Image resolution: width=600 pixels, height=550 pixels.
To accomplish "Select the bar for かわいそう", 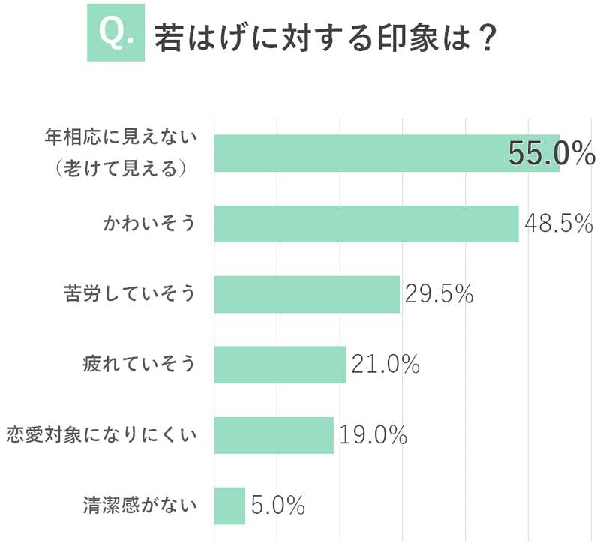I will (366, 224).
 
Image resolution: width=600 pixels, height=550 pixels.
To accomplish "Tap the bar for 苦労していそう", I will (307, 294).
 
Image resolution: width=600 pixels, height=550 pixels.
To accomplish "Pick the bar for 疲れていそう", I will (280, 365).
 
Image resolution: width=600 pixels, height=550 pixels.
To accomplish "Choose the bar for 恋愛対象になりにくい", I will (274, 435).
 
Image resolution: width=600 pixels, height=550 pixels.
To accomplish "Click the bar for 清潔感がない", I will (229, 506).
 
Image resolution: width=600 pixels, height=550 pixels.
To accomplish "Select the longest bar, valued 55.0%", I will (386, 153).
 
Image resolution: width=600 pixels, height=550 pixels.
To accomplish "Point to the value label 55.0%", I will (551, 153).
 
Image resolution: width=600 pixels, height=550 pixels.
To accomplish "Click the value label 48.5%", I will (559, 224).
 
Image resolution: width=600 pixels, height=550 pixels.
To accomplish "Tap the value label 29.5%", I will (439, 294).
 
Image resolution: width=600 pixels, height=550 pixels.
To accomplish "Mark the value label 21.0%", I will (385, 365).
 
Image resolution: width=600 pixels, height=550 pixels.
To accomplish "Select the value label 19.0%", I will (373, 435).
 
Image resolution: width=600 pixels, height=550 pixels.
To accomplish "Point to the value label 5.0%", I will (278, 506).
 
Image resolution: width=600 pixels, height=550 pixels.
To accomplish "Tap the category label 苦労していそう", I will (129, 294).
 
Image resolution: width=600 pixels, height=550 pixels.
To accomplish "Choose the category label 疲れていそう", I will (139, 365).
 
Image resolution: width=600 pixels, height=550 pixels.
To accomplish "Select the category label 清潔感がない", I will (139, 506).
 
